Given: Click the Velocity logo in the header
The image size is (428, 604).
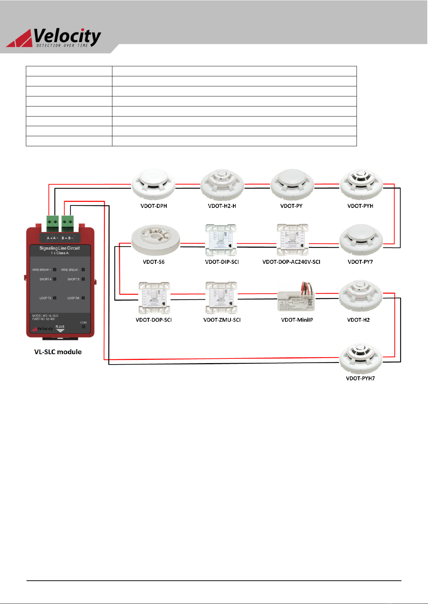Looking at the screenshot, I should click(x=54, y=38).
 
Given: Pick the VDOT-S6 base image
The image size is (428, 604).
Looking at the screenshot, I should click(x=155, y=240).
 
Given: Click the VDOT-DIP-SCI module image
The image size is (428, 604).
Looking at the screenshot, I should click(x=221, y=240).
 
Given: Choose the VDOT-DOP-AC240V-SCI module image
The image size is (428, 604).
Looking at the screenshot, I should click(x=293, y=240).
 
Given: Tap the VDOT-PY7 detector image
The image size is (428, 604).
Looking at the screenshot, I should click(x=361, y=240).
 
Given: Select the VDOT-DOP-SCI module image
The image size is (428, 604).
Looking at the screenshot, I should click(x=154, y=298).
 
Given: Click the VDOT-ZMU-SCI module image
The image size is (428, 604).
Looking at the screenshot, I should click(x=222, y=298).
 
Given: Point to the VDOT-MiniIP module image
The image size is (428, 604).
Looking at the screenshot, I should click(x=296, y=299).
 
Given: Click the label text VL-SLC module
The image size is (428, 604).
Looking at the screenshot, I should click(x=58, y=352).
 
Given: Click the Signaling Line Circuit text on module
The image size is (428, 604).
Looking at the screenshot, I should click(x=60, y=248).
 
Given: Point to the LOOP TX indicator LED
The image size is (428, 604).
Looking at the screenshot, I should click(x=55, y=298).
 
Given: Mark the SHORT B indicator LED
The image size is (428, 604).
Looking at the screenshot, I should click(x=83, y=279).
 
